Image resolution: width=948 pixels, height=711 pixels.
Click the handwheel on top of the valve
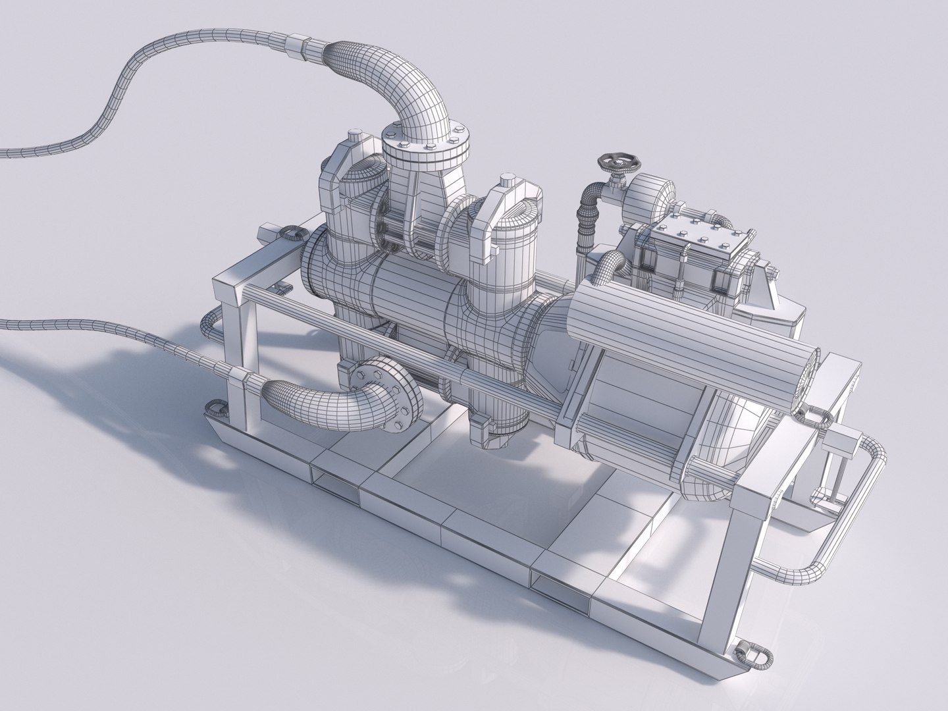[614, 161]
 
